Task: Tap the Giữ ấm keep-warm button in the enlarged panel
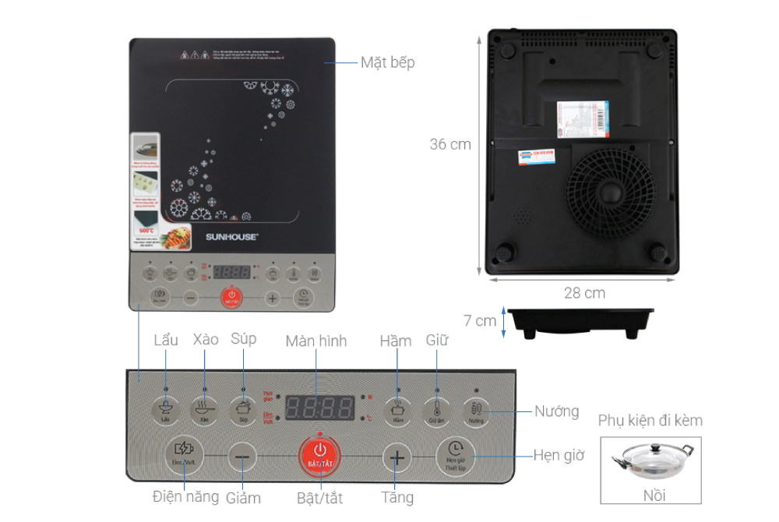[x=436, y=409]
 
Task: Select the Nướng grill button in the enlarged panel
[x=476, y=410]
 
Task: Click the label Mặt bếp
[x=387, y=63]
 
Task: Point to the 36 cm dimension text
[x=450, y=145]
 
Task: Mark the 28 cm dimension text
[x=584, y=294]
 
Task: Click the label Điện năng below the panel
[x=186, y=496]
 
